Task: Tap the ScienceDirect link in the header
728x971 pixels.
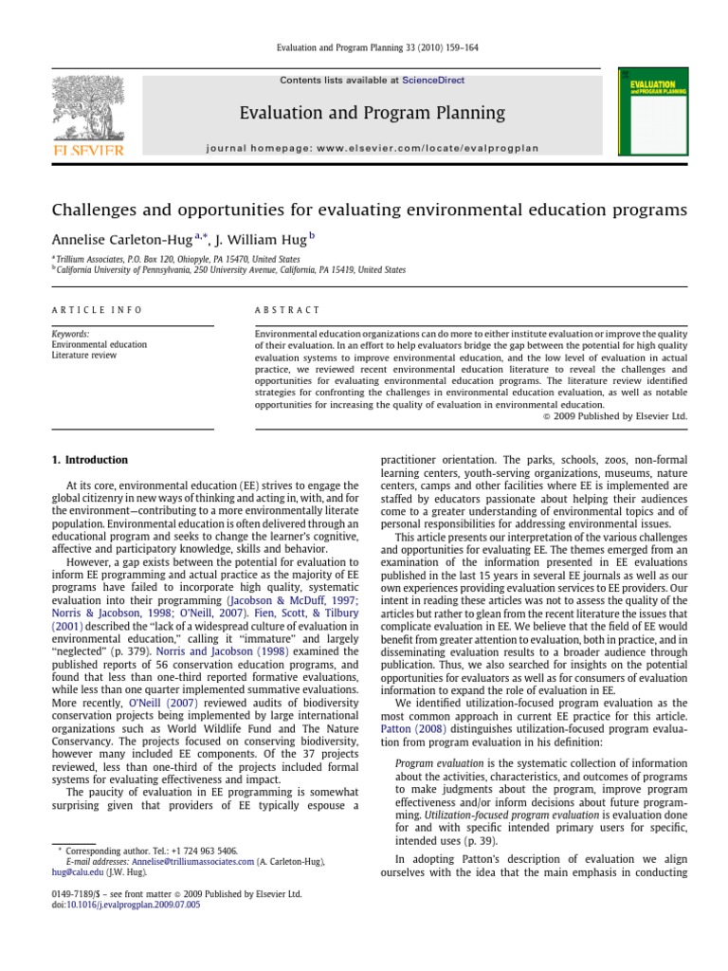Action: tap(433, 81)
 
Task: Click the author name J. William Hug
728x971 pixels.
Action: tap(255, 240)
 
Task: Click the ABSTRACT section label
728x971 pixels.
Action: tap(288, 310)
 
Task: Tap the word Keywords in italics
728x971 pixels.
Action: tap(71, 335)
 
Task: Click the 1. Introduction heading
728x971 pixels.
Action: tap(89, 460)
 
